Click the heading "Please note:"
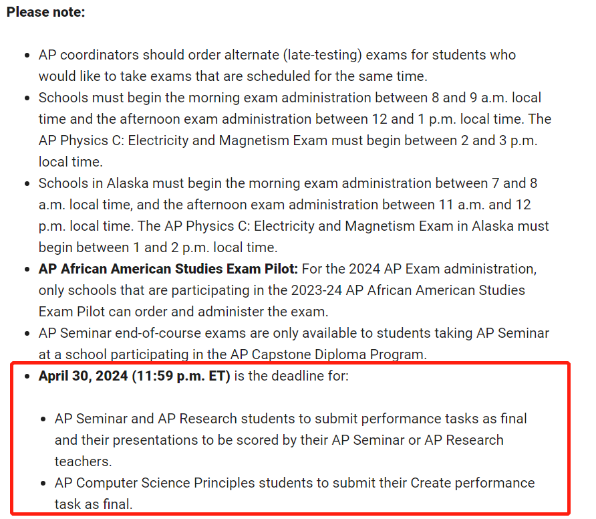coord(45,12)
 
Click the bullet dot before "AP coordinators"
coord(26,55)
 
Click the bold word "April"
coord(55,376)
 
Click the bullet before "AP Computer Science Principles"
coord(43,483)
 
